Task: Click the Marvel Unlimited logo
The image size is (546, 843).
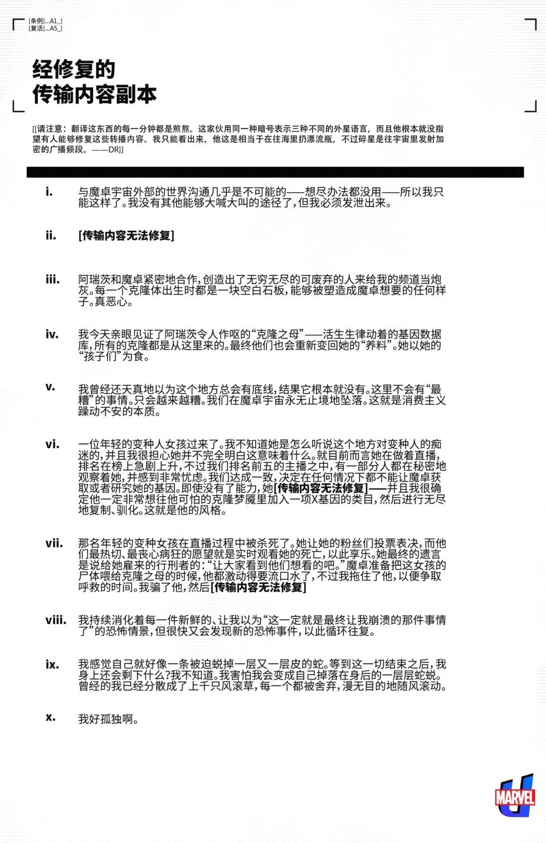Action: click(515, 796)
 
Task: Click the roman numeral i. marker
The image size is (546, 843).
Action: click(50, 192)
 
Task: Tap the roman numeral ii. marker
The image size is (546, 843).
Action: click(51, 236)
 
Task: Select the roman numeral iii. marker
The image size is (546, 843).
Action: click(52, 280)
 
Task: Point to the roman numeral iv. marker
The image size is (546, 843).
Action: click(52, 334)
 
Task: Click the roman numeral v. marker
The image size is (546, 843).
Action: click(50, 386)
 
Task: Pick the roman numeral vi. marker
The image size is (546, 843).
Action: click(52, 444)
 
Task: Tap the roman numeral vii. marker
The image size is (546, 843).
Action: click(54, 543)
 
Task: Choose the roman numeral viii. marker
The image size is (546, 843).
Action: click(56, 620)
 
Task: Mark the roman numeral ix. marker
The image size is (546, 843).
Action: click(52, 664)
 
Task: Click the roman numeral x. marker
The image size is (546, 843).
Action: click(51, 717)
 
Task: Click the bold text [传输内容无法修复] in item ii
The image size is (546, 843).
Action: click(126, 236)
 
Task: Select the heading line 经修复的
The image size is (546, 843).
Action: click(74, 70)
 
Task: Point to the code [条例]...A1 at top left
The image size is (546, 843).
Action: click(45, 21)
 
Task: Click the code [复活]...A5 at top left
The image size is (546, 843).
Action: click(45, 28)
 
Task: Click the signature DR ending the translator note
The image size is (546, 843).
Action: click(114, 150)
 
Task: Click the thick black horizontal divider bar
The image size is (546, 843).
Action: click(275, 172)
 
